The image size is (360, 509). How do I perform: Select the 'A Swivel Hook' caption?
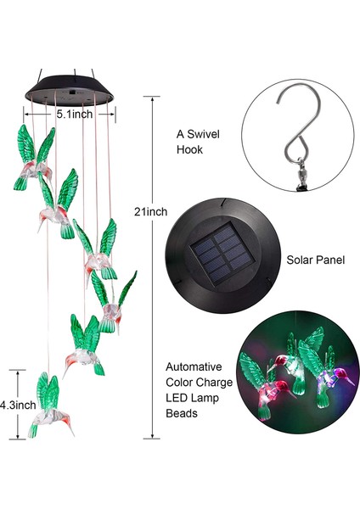click(196, 141)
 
